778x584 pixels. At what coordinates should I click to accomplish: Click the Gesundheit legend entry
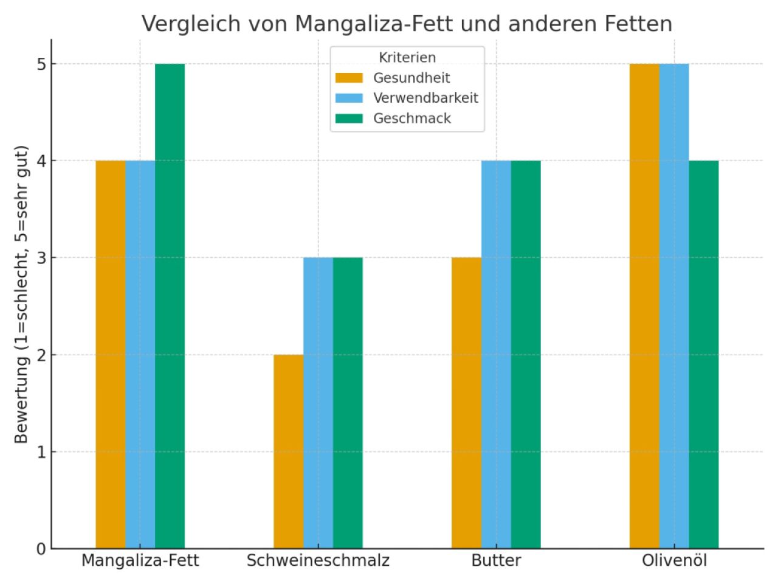click(x=411, y=78)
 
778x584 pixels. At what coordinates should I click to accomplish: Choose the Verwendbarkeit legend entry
click(x=425, y=98)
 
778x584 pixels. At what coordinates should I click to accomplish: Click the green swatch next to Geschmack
click(x=349, y=119)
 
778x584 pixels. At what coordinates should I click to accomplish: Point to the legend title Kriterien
click(x=407, y=58)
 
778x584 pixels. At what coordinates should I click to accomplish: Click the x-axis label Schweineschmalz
click(x=318, y=560)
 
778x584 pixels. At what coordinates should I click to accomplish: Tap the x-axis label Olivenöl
click(x=674, y=560)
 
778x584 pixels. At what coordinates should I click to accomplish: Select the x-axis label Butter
click(x=496, y=560)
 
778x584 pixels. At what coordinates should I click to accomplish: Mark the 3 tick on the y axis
click(x=41, y=258)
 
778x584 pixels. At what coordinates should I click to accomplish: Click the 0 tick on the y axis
click(x=41, y=549)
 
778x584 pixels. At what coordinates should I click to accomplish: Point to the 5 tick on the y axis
click(x=41, y=64)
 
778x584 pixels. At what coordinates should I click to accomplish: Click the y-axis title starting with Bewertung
click(x=22, y=294)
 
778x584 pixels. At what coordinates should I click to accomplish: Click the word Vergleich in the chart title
click(x=182, y=24)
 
